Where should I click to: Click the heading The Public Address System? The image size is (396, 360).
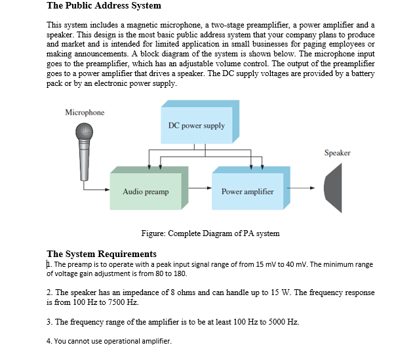tap(104, 6)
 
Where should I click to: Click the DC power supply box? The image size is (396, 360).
tap(196, 125)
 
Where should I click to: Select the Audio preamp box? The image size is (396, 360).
tap(146, 191)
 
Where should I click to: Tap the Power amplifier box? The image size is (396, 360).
tap(247, 191)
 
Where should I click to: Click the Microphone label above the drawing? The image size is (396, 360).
tap(85, 113)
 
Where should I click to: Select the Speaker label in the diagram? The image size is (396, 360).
tap(337, 153)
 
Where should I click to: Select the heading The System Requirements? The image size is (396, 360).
tap(102, 254)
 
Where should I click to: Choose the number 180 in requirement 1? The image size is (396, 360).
tap(179, 273)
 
